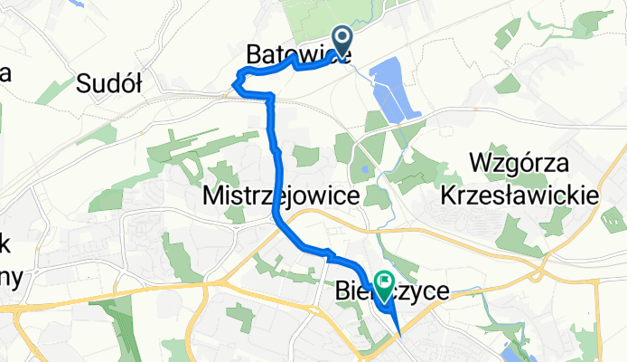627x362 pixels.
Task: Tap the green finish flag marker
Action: pyautogui.click(x=384, y=287)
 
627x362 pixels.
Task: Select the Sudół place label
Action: pyautogui.click(x=110, y=85)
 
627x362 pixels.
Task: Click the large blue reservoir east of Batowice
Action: pyautogui.click(x=395, y=88)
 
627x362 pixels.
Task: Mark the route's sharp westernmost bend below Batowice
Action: pyautogui.click(x=237, y=84)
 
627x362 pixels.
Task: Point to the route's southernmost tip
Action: pyautogui.click(x=398, y=337)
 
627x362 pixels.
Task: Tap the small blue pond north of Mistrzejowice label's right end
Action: pyautogui.click(x=362, y=167)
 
